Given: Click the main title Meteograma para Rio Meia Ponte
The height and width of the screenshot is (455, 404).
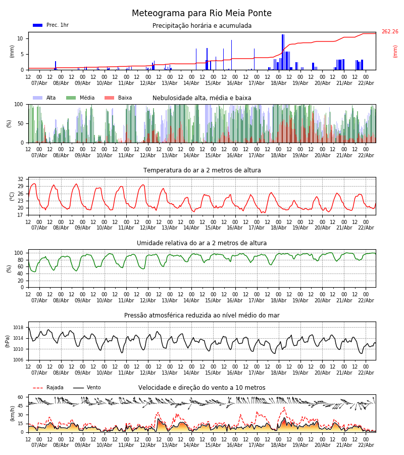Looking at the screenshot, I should [x=201, y=14].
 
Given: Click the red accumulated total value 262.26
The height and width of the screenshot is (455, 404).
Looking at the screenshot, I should [x=389, y=32].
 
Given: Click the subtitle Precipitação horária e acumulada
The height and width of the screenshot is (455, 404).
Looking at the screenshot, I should [x=202, y=26].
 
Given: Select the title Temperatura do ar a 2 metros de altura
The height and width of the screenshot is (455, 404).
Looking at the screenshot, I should [x=202, y=170].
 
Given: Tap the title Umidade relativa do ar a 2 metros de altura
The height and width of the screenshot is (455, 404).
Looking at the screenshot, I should [x=202, y=243].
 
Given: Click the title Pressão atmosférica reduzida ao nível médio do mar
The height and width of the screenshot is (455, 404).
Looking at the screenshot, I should [x=202, y=315].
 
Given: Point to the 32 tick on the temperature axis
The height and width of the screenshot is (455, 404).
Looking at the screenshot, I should [x=21, y=179].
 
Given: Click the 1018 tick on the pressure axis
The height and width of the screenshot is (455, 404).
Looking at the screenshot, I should [x=18, y=328].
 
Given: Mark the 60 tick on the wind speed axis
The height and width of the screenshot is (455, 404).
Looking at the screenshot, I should [x=21, y=397].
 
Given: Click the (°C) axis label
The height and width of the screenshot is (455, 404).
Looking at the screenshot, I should [x=12, y=196].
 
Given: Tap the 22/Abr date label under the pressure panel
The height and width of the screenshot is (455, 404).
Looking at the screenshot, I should [x=366, y=373].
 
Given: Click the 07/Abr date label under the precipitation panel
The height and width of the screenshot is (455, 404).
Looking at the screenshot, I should [x=39, y=83].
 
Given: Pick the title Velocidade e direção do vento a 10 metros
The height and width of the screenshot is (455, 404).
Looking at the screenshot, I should [x=202, y=388].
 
